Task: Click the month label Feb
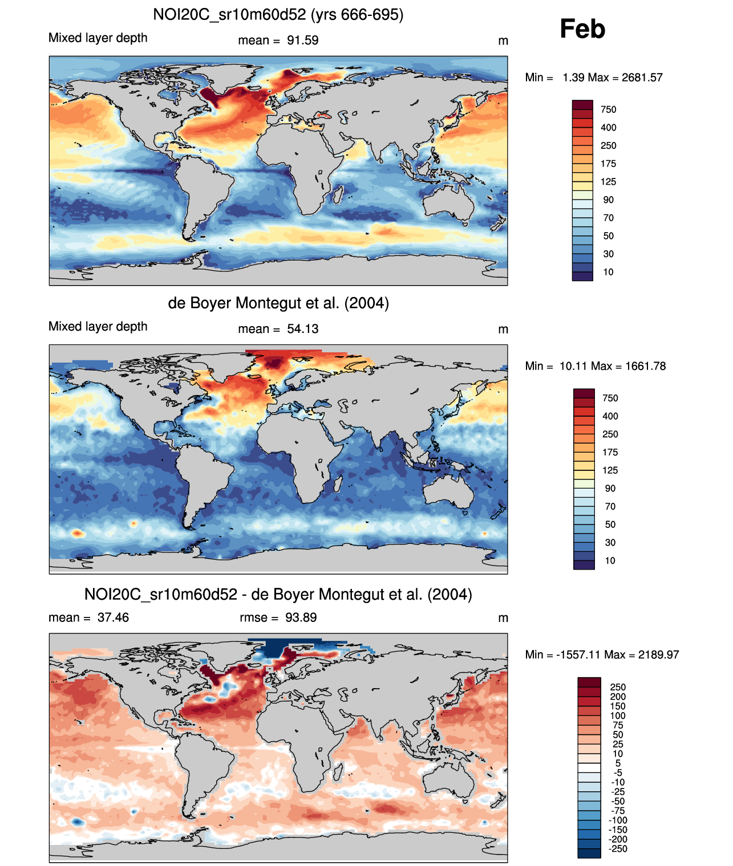[582, 29]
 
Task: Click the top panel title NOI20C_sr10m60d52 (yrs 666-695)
[278, 14]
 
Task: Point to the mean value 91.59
[303, 40]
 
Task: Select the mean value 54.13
[303, 329]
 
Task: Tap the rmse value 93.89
[301, 617]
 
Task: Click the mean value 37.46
[113, 617]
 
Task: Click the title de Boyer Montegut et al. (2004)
[278, 303]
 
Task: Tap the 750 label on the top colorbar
[609, 109]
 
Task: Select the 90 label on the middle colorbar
[610, 489]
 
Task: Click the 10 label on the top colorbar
[609, 272]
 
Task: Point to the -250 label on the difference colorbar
[618, 849]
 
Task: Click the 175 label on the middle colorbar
[610, 452]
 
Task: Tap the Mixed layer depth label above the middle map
[98, 326]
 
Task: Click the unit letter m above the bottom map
[503, 618]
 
